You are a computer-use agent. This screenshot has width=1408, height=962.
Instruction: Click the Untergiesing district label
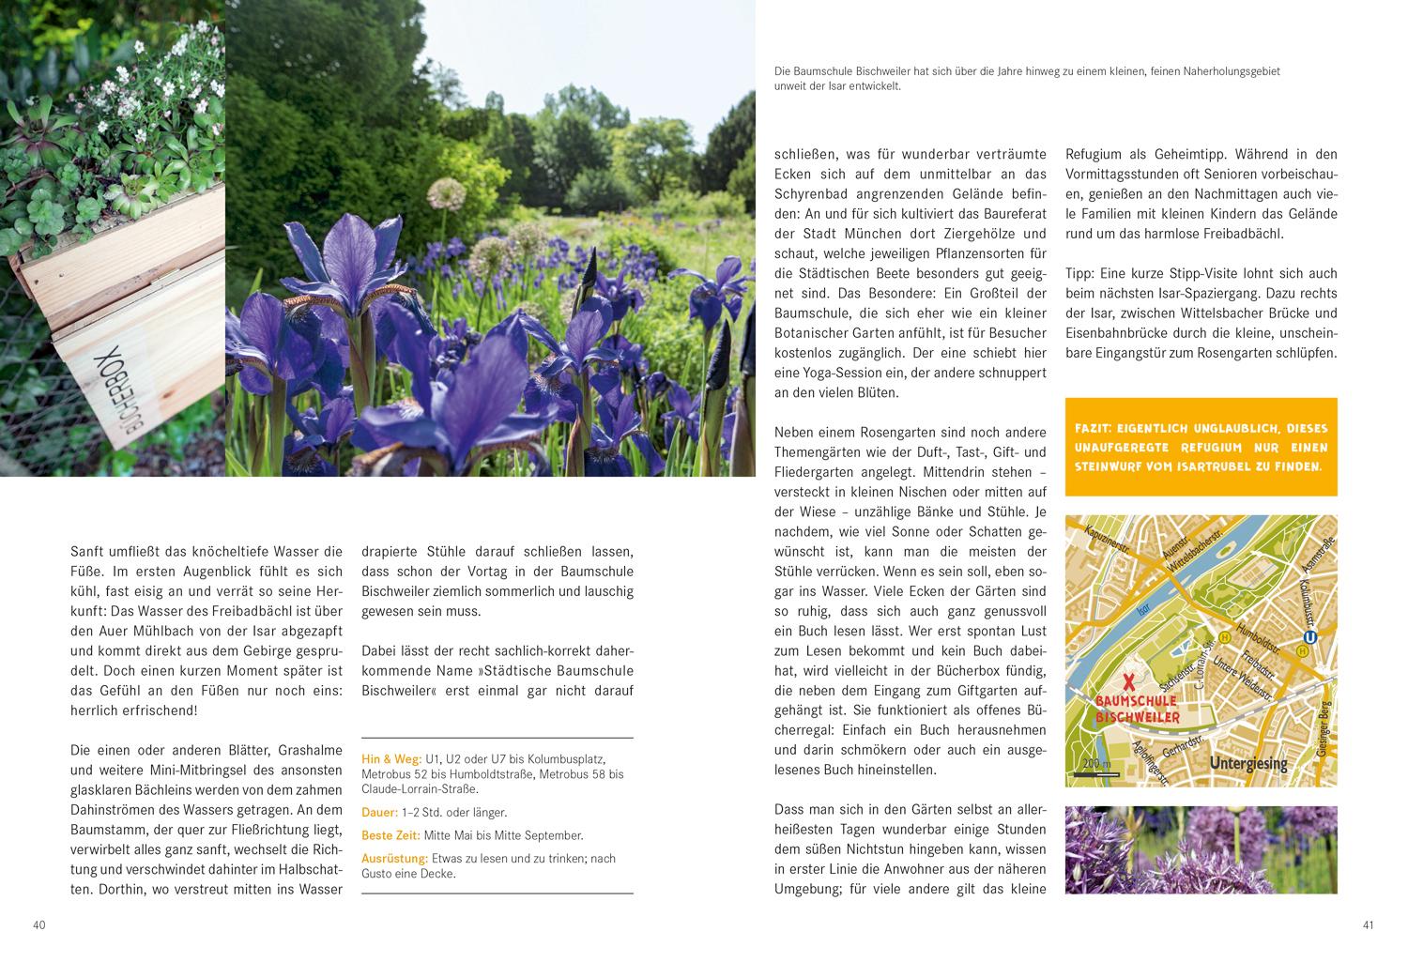(1248, 763)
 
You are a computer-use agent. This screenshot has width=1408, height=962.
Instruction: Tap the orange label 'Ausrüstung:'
(394, 858)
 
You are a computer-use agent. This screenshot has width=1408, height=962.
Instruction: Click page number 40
(38, 925)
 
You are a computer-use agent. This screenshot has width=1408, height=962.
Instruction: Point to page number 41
(1368, 925)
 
